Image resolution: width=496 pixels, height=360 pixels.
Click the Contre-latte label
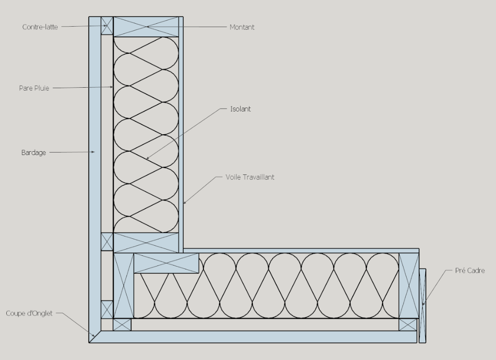coord(40,27)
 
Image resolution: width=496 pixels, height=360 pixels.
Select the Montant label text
coord(242,27)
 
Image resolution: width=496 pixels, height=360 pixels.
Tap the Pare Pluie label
coord(34,88)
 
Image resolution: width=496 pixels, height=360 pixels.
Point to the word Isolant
coord(240,109)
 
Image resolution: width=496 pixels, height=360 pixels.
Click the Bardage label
coord(33,153)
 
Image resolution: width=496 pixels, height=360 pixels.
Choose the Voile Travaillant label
coord(250,177)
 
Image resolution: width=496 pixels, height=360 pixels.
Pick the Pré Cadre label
coord(470,270)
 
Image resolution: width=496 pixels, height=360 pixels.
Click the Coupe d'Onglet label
coord(29,313)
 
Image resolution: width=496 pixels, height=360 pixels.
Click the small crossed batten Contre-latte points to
coord(107,25)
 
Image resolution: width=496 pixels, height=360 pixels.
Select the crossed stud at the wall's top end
coord(146,27)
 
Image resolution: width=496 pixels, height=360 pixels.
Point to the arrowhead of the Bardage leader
coord(93,152)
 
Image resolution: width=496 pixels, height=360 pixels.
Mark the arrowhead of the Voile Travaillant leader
coord(185,202)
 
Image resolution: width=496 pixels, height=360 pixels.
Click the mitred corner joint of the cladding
coord(95,337)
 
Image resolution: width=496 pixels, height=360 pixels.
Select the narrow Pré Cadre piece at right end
coord(422,306)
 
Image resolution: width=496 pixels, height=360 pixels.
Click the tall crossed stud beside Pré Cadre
coord(409,286)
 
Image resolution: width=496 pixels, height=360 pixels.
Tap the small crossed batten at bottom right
coord(408,325)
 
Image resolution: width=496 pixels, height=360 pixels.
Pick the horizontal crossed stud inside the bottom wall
coord(167,263)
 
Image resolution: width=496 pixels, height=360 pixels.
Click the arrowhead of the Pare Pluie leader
coord(111,87)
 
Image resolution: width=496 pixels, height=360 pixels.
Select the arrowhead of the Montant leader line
coord(147,27)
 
